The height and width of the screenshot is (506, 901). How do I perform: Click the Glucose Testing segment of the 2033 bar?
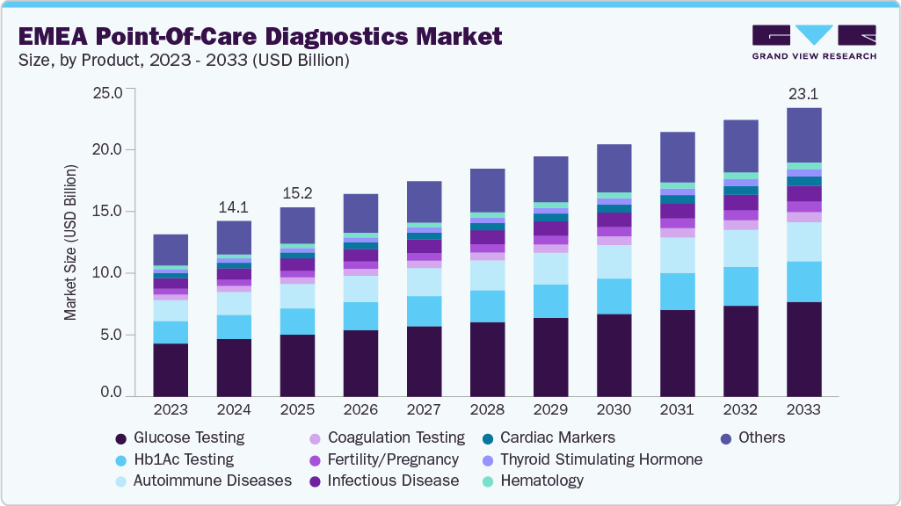[803, 350]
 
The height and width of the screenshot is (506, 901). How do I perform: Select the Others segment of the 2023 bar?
[171, 249]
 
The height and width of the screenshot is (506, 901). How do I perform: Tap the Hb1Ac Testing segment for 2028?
[487, 307]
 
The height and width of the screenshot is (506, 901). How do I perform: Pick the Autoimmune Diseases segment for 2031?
[677, 255]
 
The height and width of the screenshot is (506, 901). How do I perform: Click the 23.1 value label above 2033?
[803, 93]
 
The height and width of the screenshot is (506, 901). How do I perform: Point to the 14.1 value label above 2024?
[234, 208]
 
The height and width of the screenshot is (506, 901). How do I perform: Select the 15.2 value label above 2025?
[297, 193]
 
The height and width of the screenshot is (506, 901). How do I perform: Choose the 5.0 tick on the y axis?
[114, 336]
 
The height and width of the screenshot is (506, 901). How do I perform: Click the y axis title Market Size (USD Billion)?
[70, 242]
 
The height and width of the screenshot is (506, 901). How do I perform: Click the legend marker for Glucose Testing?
[120, 437]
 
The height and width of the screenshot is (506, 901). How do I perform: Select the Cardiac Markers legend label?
[557, 437]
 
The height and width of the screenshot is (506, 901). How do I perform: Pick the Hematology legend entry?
[541, 481]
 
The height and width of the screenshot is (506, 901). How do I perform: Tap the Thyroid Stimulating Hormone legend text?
[601, 459]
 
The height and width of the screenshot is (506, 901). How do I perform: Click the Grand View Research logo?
[813, 41]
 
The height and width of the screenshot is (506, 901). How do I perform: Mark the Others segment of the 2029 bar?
[550, 179]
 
